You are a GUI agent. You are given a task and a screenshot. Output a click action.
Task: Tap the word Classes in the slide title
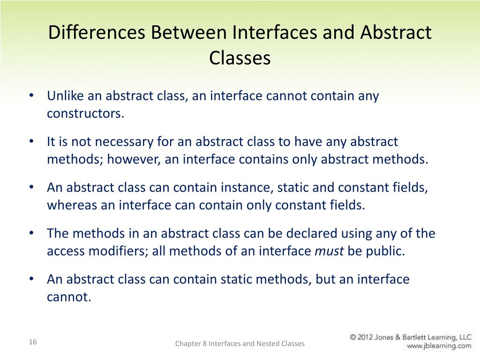(240, 58)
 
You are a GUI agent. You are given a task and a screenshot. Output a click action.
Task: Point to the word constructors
(85, 113)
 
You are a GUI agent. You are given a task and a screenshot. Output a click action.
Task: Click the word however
(133, 159)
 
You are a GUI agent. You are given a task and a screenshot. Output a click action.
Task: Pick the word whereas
(72, 205)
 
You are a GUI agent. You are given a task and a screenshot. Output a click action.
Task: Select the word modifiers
(115, 251)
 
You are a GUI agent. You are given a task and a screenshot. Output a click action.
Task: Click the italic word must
(329, 251)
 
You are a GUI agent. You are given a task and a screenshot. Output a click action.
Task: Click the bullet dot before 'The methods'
(31, 233)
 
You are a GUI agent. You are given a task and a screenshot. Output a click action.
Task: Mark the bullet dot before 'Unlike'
(31, 96)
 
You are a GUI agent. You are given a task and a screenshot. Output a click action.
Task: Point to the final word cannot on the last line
(68, 297)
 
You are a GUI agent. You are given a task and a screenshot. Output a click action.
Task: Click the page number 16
(32, 342)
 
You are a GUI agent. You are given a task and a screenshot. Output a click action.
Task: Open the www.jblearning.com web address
(439, 346)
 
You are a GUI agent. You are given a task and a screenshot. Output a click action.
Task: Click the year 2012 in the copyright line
(368, 337)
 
